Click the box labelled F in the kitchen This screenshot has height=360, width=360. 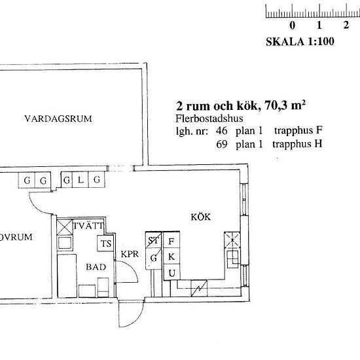tap(171, 242)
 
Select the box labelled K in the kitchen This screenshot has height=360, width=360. tap(171, 257)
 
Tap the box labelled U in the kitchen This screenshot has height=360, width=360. tap(171, 272)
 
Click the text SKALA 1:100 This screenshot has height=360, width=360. tap(300, 41)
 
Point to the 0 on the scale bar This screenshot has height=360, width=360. tap(293, 26)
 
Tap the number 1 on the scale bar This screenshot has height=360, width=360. tap(319, 26)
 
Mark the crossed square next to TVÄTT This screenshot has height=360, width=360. tap(65, 226)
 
